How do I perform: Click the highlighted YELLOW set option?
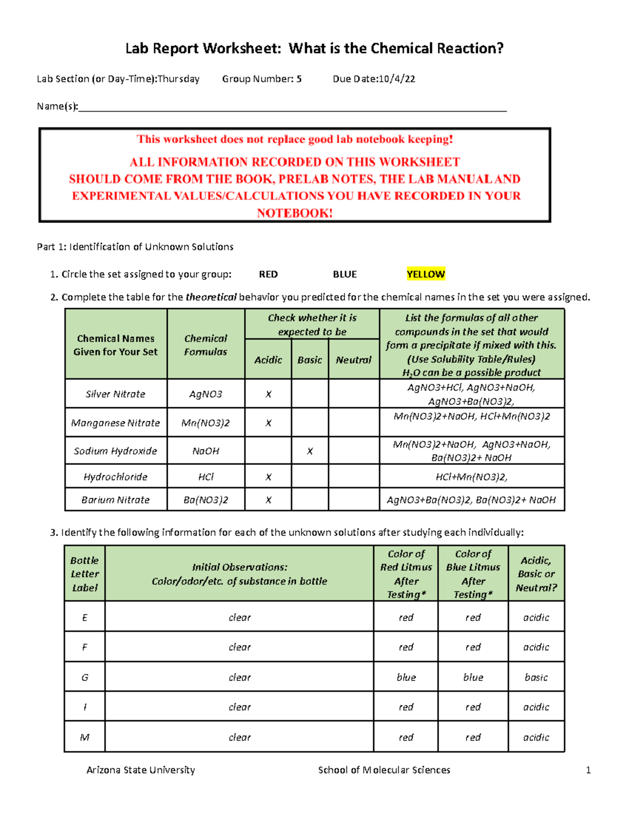point(426,274)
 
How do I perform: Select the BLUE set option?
point(345,274)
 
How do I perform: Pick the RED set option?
point(268,274)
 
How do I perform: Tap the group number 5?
point(299,79)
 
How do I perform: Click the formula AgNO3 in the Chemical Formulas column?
point(205,394)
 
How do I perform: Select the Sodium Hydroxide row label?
point(115,451)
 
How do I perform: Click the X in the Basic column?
point(310,451)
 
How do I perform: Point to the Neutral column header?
point(353,360)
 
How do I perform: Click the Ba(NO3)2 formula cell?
point(205,500)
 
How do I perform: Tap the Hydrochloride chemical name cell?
point(115,477)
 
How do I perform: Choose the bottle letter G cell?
point(85,677)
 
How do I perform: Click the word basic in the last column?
point(536,677)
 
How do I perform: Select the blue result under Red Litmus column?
point(406,677)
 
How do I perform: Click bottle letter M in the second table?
point(85,737)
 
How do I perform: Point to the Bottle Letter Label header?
point(85,574)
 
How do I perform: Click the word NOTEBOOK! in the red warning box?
point(295,213)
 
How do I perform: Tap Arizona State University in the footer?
point(140,770)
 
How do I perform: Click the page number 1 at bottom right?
point(588,770)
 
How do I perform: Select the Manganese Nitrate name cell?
point(115,423)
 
